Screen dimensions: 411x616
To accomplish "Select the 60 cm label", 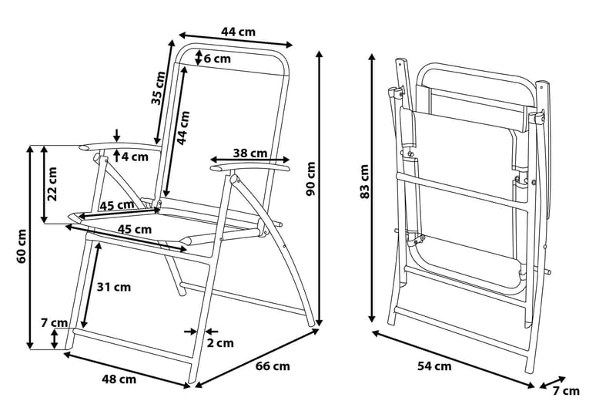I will pyautogui.click(x=21, y=245).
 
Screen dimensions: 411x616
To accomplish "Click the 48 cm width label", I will pyautogui.click(x=119, y=379).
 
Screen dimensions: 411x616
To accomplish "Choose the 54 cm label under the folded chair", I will pyautogui.click(x=434, y=366).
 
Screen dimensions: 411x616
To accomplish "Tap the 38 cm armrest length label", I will pyautogui.click(x=250, y=152).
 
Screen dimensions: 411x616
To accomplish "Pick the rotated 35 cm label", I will pyautogui.click(x=157, y=88).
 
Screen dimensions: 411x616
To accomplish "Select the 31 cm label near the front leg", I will pyautogui.click(x=113, y=287).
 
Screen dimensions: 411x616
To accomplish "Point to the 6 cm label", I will pyautogui.click(x=217, y=58).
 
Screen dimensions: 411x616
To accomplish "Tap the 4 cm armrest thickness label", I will pyautogui.click(x=134, y=157).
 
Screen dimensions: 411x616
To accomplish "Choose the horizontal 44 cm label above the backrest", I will pyautogui.click(x=238, y=32).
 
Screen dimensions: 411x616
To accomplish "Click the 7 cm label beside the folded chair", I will pyautogui.click(x=566, y=391).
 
